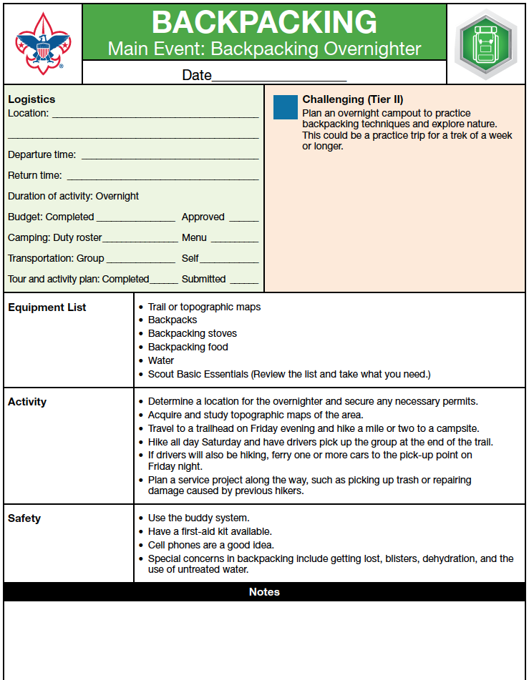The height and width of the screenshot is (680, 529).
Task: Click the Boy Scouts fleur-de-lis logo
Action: point(43,44)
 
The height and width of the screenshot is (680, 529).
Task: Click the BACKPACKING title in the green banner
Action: point(264,22)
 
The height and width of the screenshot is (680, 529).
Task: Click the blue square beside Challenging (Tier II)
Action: point(285,107)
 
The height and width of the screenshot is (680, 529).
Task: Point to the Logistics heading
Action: point(31,99)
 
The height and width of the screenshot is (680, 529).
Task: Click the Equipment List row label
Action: point(47,307)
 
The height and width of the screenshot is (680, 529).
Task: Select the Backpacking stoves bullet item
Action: point(192,333)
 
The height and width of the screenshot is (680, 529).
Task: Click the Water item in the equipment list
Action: point(161,360)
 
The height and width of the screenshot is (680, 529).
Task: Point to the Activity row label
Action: point(27,402)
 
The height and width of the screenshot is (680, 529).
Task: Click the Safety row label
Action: point(24,518)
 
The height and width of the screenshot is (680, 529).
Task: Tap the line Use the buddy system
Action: point(198,518)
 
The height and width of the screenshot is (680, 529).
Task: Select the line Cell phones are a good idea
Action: point(215,545)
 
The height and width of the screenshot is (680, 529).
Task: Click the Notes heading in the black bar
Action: point(264,591)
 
